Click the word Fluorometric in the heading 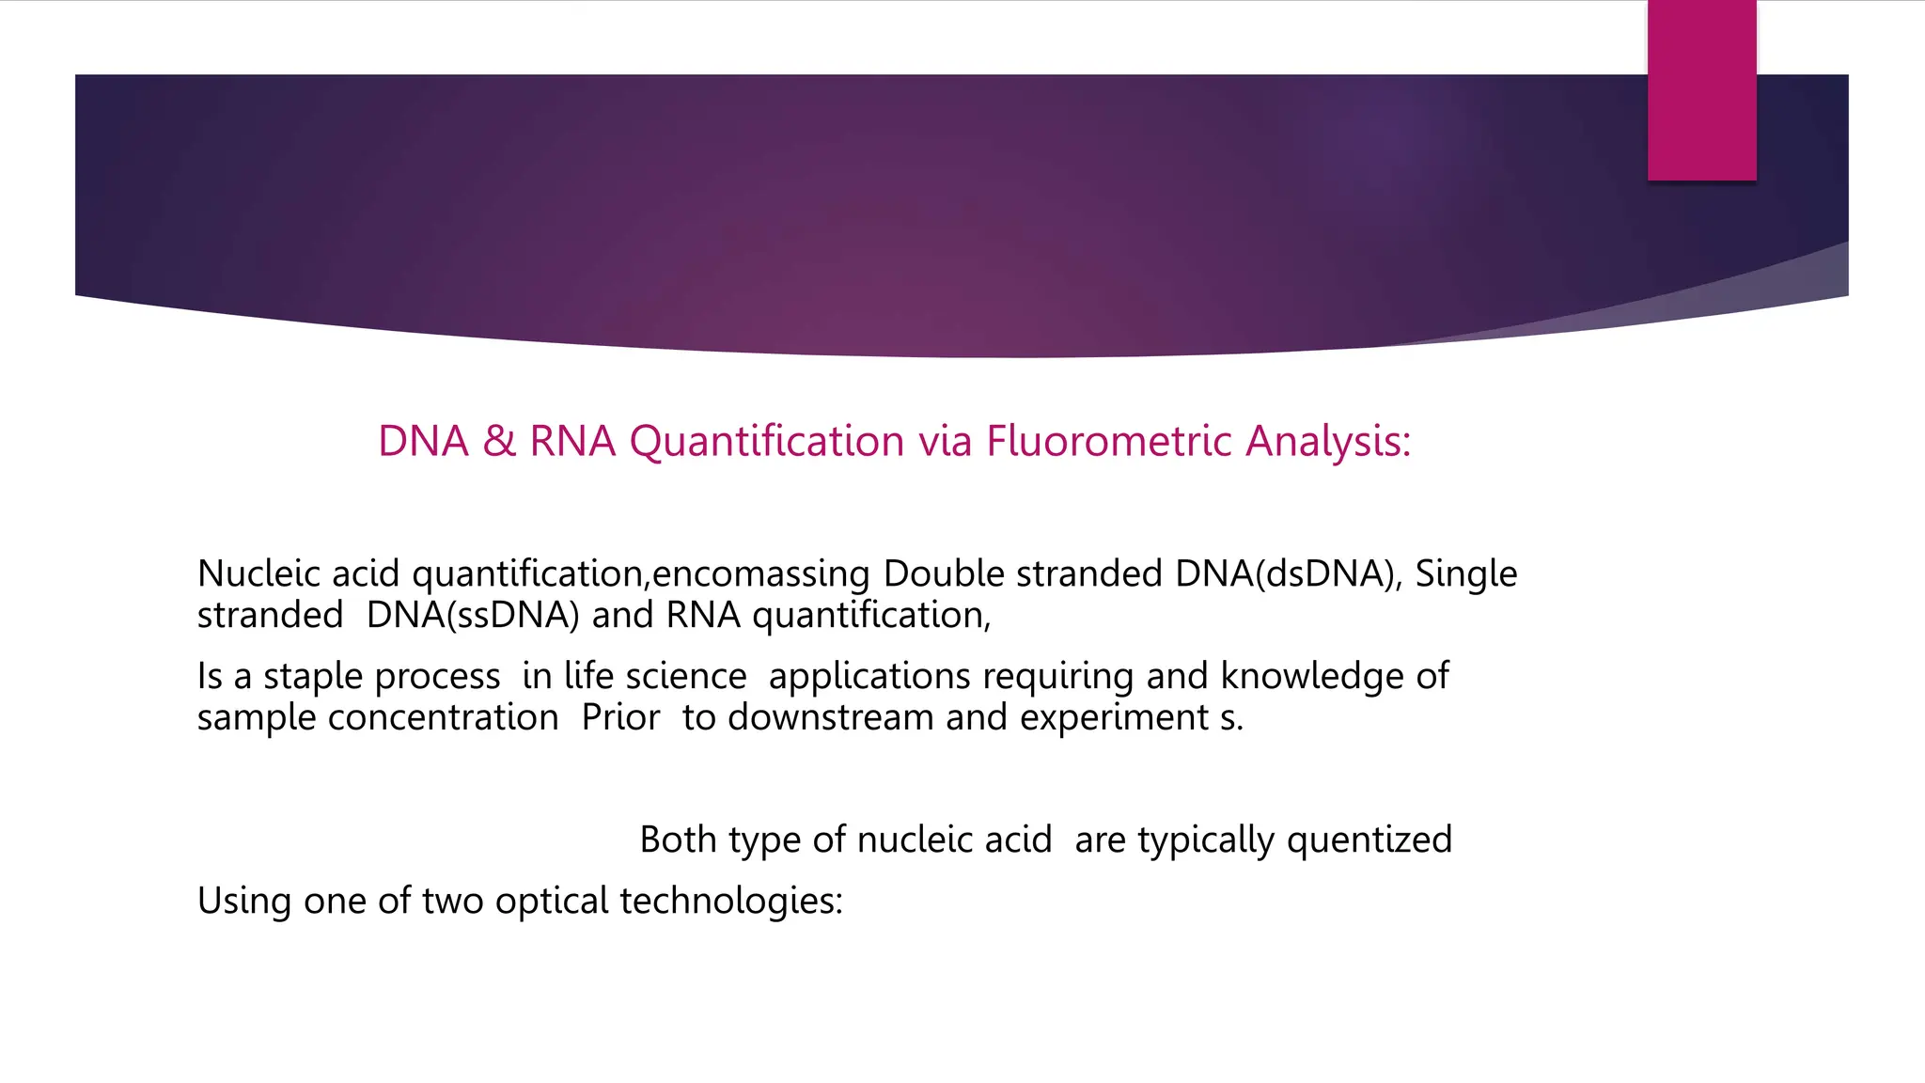(1108, 441)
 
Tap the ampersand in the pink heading (499, 441)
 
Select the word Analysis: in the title (1328, 441)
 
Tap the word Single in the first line (1465, 573)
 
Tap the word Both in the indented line (678, 840)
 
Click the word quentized (1369, 840)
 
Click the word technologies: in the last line (731, 901)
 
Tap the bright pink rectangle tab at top (1701, 90)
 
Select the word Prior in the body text (620, 717)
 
